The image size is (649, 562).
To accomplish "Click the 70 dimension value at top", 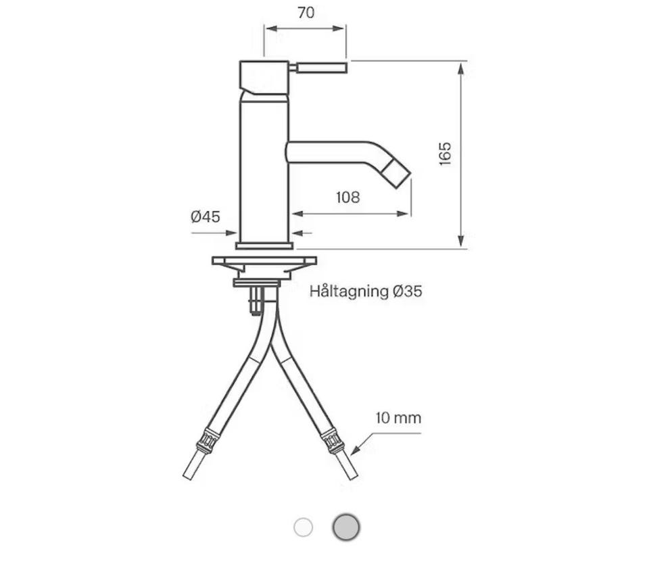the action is coord(306,13).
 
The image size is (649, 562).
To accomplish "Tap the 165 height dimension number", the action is coord(446,154).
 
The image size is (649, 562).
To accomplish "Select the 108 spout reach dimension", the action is coord(347,197).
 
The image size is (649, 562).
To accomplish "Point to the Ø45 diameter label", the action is coord(206,216).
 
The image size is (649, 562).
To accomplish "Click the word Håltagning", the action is coord(350,291).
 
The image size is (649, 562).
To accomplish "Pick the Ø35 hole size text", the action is coord(407,291).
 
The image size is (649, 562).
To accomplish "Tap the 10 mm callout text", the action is coord(398,417).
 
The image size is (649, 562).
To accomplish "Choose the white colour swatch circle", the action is coord(303,528).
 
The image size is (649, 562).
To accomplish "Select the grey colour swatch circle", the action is coord(346,528).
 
